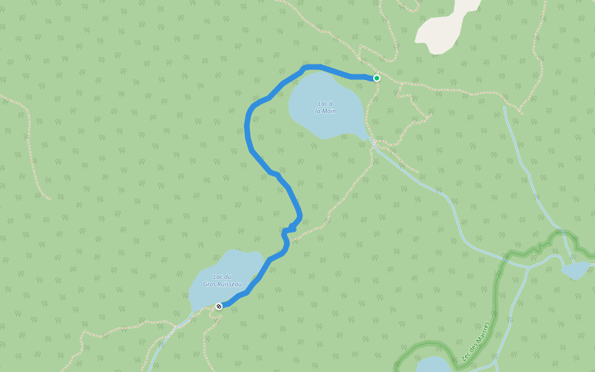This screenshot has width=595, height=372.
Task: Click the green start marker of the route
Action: [376, 78]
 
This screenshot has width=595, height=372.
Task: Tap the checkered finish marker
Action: [218, 306]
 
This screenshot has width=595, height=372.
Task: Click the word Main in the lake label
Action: [330, 112]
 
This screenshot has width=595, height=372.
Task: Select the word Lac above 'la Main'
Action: [322, 104]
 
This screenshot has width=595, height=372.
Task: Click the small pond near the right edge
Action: [575, 270]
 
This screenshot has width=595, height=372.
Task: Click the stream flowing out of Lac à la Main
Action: [421, 180]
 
